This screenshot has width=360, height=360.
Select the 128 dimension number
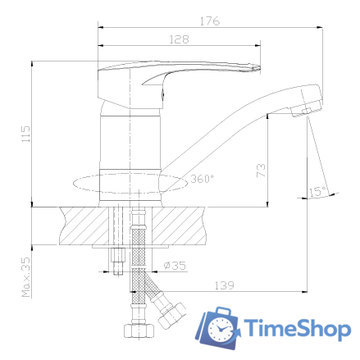[180, 39]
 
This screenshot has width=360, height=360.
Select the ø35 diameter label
[173, 266]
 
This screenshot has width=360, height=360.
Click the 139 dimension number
[224, 285]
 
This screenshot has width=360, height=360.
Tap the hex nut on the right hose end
[173, 316]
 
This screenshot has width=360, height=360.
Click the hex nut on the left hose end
[137, 332]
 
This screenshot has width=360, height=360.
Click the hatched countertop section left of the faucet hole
[82, 225]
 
